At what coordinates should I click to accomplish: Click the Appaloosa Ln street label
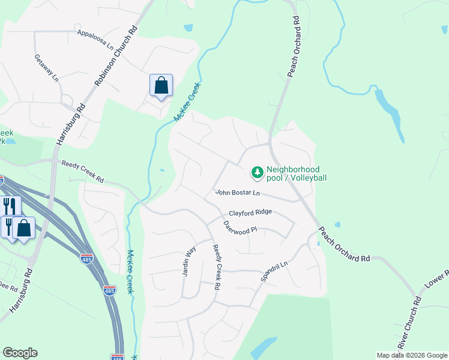[95, 39]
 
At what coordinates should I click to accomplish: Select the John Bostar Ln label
[238, 193]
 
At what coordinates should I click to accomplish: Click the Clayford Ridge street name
[250, 212]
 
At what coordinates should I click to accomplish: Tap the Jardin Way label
[190, 261]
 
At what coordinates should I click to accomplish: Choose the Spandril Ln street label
[274, 271]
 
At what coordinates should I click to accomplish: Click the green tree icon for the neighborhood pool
[257, 173]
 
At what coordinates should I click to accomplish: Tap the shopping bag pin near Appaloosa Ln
[161, 85]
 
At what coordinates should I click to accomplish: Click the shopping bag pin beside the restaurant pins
[24, 229]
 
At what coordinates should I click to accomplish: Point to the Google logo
[20, 353]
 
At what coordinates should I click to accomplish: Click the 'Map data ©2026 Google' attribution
[412, 355]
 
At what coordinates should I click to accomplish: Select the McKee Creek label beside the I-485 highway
[129, 272]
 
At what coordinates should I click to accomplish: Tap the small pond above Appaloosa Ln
[188, 28]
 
